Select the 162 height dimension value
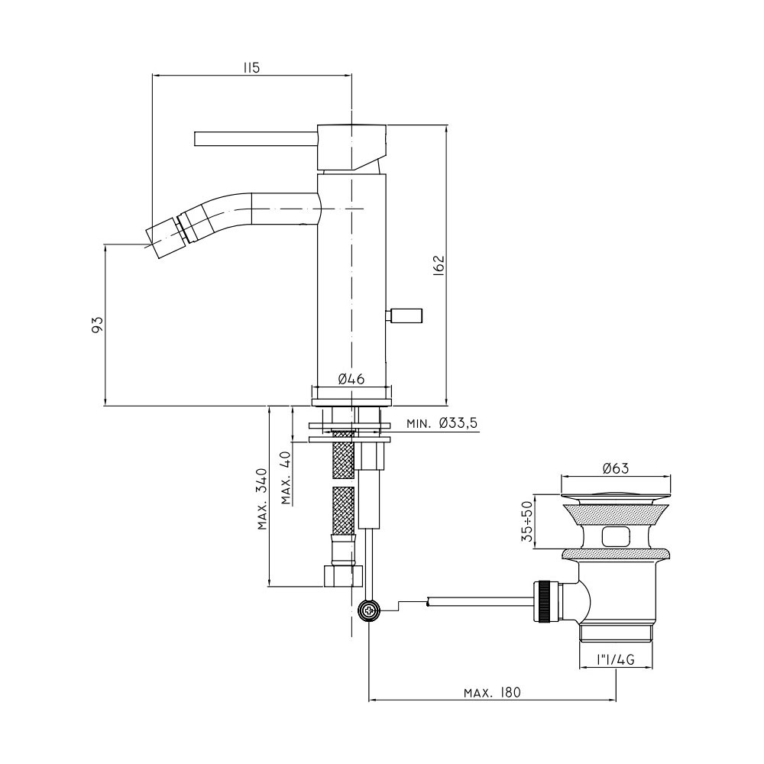point(439,266)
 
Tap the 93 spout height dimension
point(98,325)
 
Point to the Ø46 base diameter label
point(351,379)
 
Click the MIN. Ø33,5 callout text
point(442,423)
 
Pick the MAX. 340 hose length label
point(263,499)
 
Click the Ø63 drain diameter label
point(616,468)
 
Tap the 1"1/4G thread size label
point(615,660)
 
